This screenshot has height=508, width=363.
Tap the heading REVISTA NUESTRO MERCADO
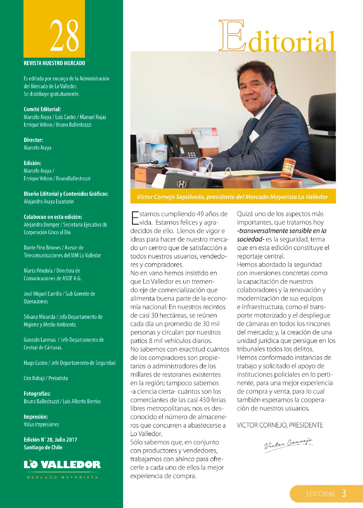[54, 63]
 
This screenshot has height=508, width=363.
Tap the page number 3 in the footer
[344, 493]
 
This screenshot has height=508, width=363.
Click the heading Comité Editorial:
[42, 109]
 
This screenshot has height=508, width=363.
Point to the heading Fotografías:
[37, 394]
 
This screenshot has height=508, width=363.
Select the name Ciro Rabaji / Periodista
[46, 378]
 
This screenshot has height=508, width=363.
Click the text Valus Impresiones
[41, 424]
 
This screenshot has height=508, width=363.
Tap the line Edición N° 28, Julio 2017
[50, 440]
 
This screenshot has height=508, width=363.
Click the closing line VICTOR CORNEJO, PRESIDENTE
[280, 425]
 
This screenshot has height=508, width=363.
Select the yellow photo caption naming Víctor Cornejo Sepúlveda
[233, 197]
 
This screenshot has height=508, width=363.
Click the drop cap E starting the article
[135, 218]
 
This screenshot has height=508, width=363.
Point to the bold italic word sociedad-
[250, 239]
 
